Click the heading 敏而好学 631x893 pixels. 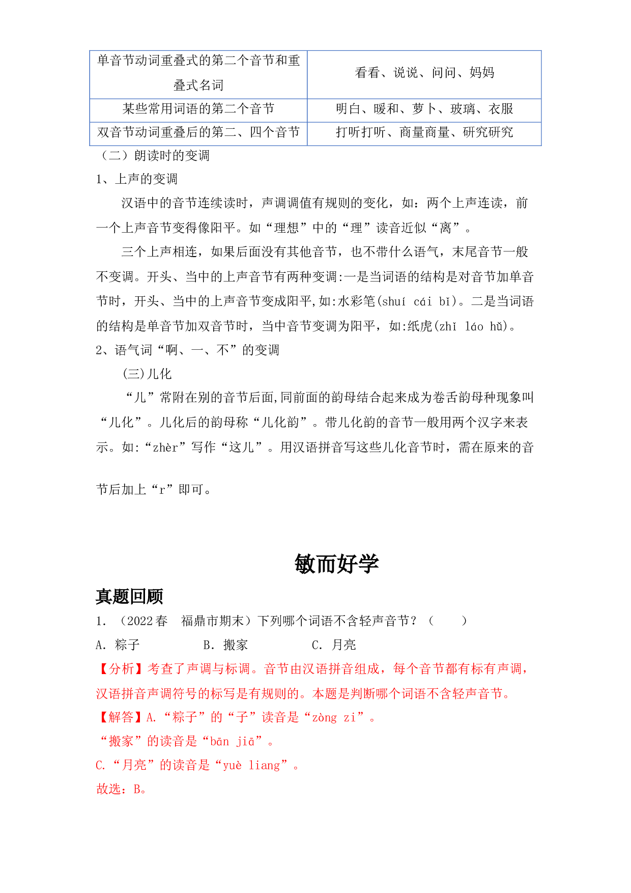(x=336, y=564)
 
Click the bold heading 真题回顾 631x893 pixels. (x=129, y=596)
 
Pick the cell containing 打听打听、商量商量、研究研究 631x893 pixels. (x=424, y=133)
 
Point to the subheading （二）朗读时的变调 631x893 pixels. (x=153, y=156)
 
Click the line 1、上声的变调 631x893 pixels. (x=136, y=179)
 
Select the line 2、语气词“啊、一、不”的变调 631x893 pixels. (x=187, y=350)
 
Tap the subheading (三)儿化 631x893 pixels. (x=147, y=374)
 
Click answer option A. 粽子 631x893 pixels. (x=118, y=645)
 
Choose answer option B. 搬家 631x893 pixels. (x=225, y=645)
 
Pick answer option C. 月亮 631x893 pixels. (x=334, y=645)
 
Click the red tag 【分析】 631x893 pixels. (x=121, y=669)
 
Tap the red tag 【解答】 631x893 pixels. (x=121, y=717)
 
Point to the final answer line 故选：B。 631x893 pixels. (x=122, y=789)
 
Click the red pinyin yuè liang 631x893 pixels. (x=252, y=766)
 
